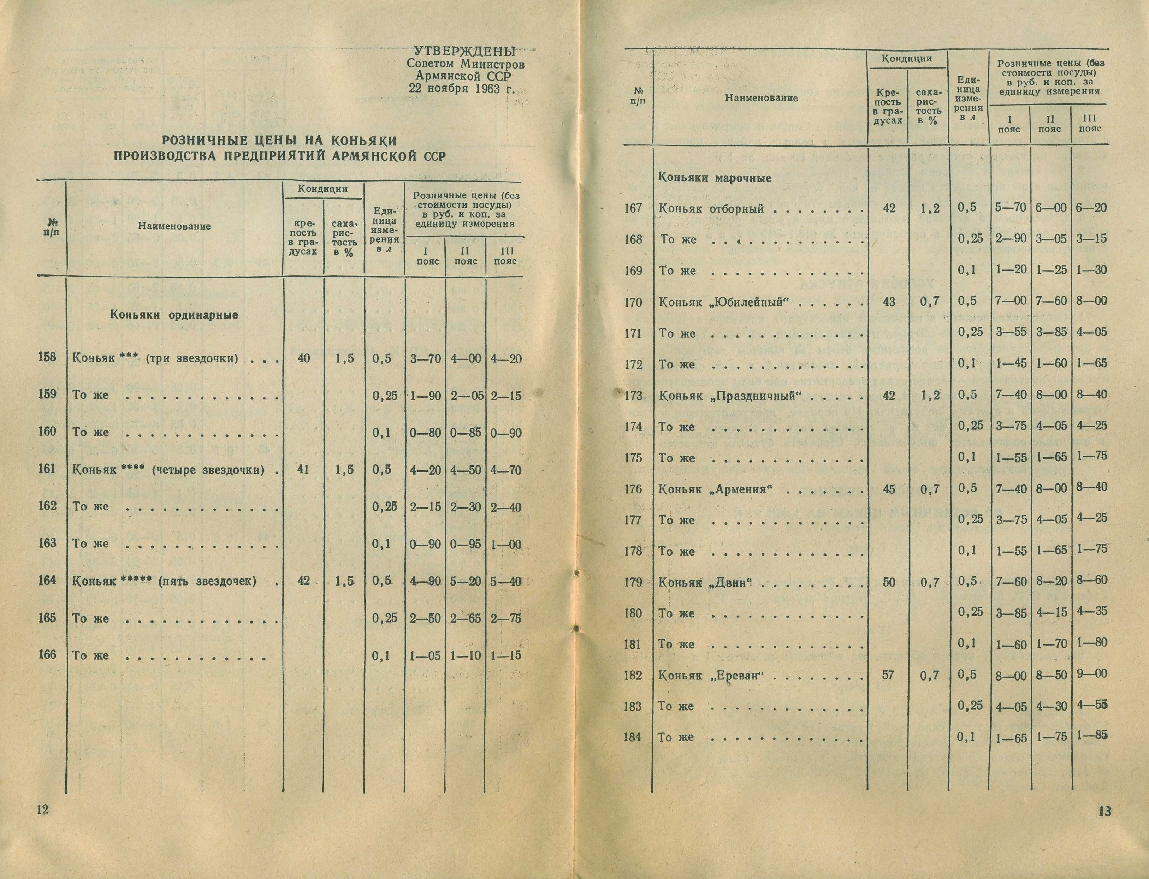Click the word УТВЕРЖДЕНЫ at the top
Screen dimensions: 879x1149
coord(464,52)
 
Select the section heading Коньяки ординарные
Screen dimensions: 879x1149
coord(174,315)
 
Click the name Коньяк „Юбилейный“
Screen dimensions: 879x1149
coord(724,302)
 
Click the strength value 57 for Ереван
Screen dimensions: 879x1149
coord(888,675)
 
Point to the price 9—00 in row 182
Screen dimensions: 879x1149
coord(1092,673)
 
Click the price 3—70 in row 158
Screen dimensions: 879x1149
coord(425,359)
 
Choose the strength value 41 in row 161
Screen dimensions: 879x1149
coord(303,469)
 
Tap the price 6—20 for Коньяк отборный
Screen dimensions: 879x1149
coord(1092,208)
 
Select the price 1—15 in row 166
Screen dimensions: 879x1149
coord(506,655)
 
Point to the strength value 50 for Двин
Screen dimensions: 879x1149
coord(888,582)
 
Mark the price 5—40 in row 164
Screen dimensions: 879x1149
coord(506,581)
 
